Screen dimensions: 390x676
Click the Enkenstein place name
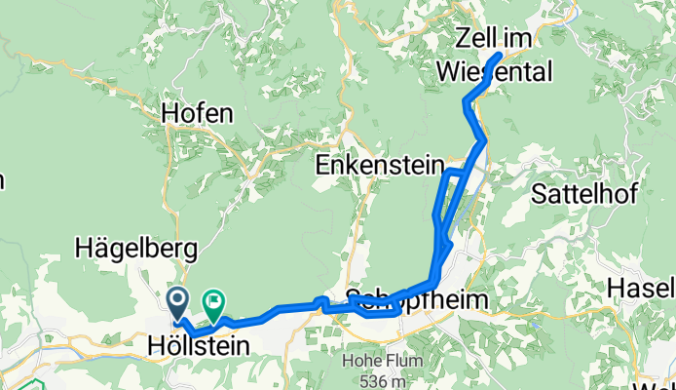coord(379,167)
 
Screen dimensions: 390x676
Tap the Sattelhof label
coord(585,193)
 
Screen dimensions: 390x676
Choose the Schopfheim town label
coord(416,300)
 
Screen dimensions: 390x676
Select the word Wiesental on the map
coord(495,71)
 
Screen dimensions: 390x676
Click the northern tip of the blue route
coord(500,55)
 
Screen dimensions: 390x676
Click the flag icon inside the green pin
coord(213,299)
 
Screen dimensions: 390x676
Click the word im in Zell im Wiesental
coord(521,39)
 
